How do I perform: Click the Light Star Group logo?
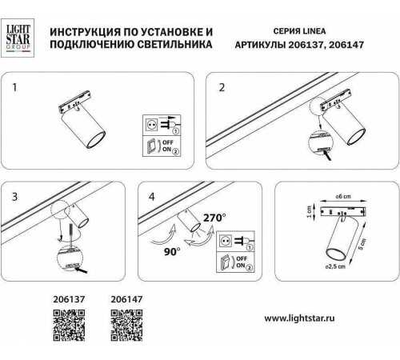(x=19, y=36)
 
